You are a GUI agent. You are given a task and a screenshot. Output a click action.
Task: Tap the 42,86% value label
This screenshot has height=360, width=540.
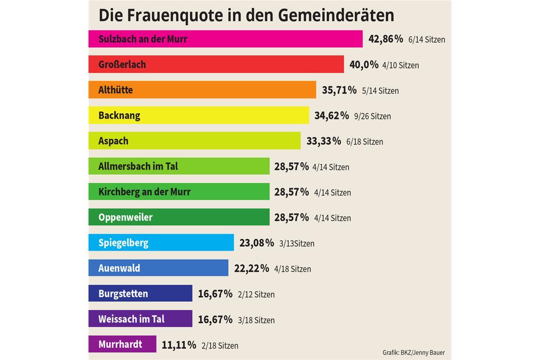(386, 39)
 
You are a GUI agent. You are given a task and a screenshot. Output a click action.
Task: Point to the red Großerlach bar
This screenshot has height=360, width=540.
(237, 64)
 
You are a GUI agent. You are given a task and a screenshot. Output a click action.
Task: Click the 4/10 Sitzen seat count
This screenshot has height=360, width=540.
(400, 65)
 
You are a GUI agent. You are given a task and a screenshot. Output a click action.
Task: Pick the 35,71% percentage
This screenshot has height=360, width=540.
(339, 90)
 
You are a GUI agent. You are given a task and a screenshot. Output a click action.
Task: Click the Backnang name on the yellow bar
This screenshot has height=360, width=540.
(119, 116)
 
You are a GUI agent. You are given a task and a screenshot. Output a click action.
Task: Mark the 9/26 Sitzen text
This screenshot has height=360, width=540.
(372, 117)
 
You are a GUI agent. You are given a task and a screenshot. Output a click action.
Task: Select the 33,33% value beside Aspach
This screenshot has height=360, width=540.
(324, 141)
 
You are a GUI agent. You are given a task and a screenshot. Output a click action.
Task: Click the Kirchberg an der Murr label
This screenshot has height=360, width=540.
(144, 192)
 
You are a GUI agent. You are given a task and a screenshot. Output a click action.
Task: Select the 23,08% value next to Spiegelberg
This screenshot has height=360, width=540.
(257, 243)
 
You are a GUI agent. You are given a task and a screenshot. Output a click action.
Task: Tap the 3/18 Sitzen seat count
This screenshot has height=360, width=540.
(256, 320)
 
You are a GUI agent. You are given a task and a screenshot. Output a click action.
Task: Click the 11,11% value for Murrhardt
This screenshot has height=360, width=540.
(179, 345)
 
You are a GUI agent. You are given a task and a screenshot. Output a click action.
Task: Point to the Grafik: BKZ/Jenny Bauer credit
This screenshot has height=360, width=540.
(414, 353)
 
